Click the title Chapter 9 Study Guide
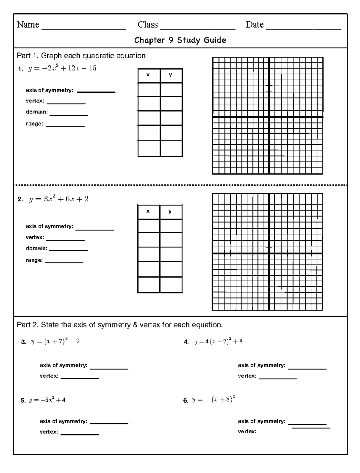(x=180, y=40)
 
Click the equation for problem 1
(x=62, y=68)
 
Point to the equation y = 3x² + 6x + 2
(x=58, y=199)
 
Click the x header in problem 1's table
(x=148, y=75)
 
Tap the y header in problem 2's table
(x=170, y=211)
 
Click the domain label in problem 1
(x=37, y=112)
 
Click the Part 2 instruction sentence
(x=120, y=325)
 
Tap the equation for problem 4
(x=218, y=342)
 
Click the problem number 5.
(x=23, y=400)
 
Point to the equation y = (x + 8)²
(x=213, y=400)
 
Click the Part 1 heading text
(x=81, y=56)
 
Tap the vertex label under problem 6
(x=247, y=432)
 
